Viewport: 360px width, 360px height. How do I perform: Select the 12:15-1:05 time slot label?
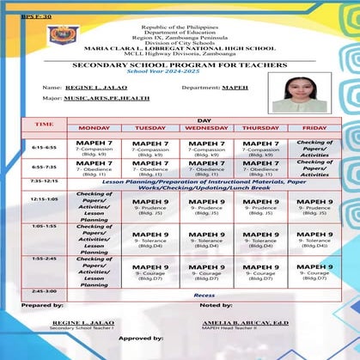pos(44,198)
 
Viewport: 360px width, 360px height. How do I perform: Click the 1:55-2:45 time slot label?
pos(44,258)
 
